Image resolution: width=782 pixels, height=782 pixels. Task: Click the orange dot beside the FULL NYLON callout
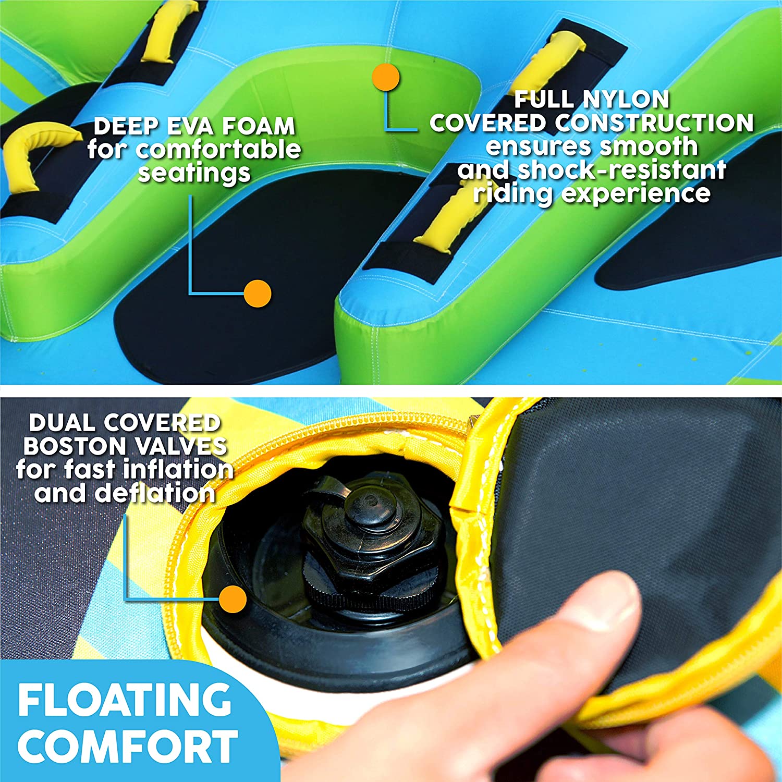[386, 78]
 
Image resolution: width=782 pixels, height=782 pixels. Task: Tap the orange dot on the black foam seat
[258, 294]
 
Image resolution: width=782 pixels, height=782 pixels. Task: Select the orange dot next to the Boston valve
[233, 599]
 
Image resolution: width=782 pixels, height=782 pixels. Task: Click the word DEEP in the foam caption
[126, 127]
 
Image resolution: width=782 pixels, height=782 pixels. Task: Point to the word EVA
[191, 127]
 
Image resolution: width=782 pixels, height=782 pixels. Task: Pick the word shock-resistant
[621, 170]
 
